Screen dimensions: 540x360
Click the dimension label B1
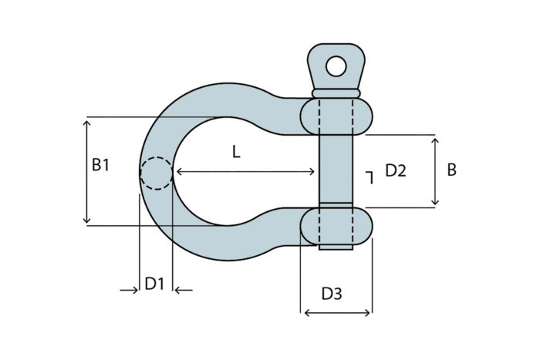(100, 165)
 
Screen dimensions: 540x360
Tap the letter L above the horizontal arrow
(236, 151)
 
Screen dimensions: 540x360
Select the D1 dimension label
(154, 284)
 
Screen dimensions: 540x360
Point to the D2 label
(396, 170)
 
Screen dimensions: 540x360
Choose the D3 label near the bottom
(332, 294)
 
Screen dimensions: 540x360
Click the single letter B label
(451, 170)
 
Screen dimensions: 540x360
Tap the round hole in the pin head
(336, 66)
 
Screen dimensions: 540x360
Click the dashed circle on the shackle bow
(157, 173)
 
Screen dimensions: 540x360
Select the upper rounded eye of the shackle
(336, 116)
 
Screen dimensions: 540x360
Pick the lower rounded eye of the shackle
(336, 226)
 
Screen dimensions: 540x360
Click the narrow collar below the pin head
(336, 93)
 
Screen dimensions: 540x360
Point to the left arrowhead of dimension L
(179, 171)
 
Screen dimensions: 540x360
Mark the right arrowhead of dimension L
(312, 171)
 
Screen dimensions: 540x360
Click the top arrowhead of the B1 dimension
(86, 123)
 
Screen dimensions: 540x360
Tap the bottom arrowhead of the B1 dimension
(86, 220)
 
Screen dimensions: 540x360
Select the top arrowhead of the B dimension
(435, 141)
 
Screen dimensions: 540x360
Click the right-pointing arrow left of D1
(129, 291)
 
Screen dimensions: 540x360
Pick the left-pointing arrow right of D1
(184, 291)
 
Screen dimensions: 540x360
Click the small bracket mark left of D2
(370, 177)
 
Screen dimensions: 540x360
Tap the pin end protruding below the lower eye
(336, 247)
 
